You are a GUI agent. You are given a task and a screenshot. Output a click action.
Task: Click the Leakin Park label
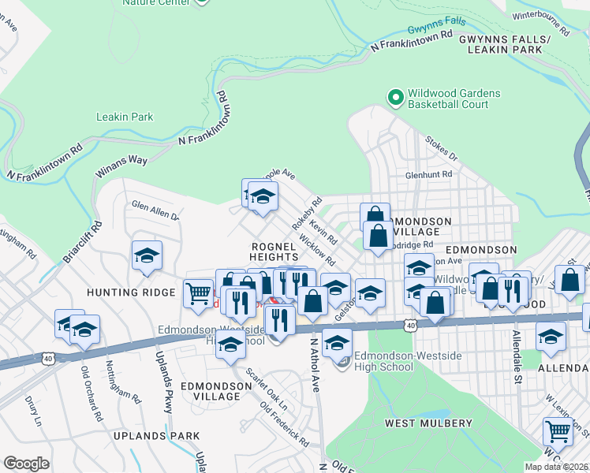click(x=125, y=117)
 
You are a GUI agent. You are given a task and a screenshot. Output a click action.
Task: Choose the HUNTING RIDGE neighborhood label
click(x=143, y=292)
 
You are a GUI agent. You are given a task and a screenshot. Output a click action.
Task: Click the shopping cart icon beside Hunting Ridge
click(x=198, y=293)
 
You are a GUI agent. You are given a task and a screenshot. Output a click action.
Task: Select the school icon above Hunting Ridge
click(x=147, y=255)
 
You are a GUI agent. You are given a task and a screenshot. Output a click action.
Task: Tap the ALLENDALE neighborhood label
click(x=563, y=368)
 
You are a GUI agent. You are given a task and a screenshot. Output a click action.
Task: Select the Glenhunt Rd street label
click(x=429, y=174)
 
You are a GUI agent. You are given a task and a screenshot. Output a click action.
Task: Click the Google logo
click(x=27, y=464)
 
